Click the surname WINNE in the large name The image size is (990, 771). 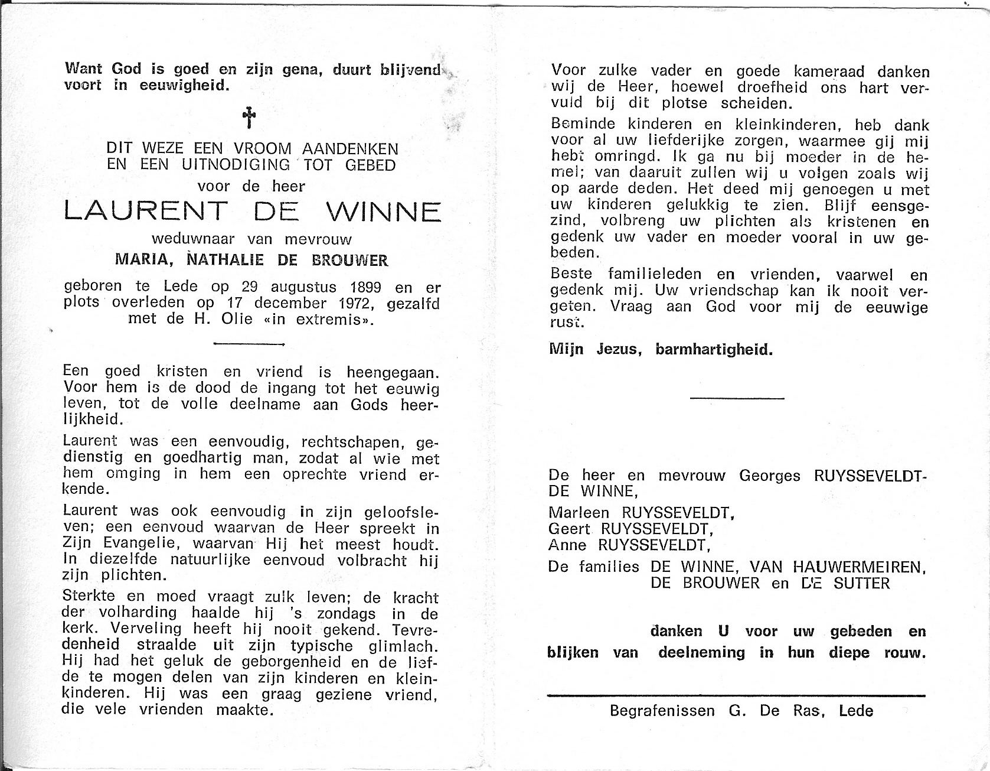pyautogui.click(x=383, y=212)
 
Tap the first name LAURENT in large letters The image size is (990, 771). pyautogui.click(x=145, y=212)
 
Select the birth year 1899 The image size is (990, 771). pyautogui.click(x=362, y=288)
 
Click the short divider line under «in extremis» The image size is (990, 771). pyautogui.click(x=249, y=343)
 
